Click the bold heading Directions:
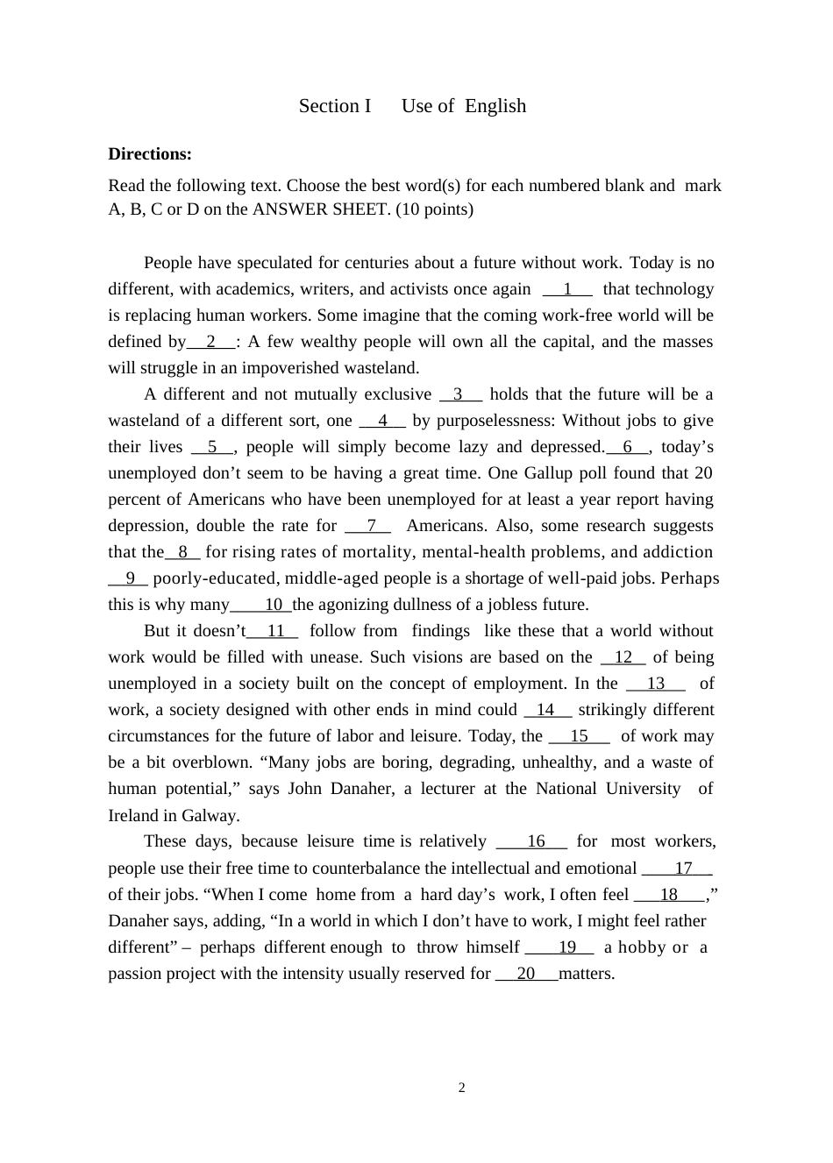point(150,154)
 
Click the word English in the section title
point(495,106)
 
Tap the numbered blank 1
point(567,289)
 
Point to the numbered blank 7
point(371,526)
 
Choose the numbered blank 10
point(273,605)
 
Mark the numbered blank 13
point(656,684)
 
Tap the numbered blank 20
point(526,974)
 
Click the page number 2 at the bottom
point(462,1089)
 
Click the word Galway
point(210,816)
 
